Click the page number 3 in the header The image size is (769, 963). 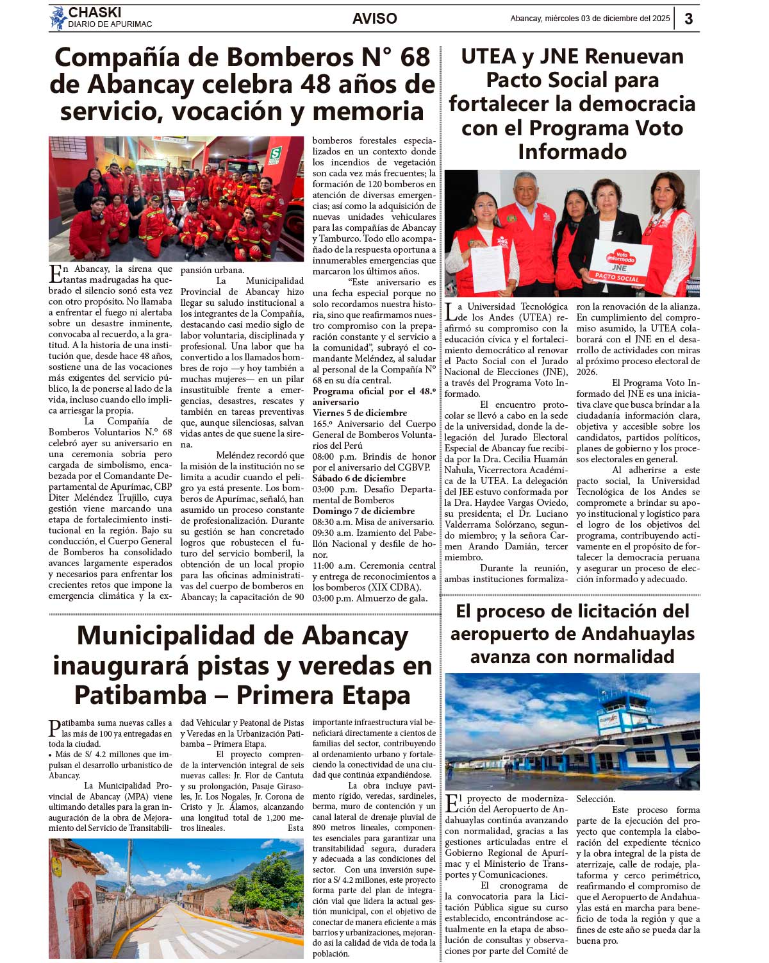tap(688, 19)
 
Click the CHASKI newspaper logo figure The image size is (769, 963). tap(58, 18)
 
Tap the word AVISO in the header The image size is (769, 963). tap(374, 19)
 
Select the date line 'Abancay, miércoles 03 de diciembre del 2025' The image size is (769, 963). tap(590, 19)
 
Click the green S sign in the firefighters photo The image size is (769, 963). tap(276, 155)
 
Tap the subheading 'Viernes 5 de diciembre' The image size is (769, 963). tap(360, 413)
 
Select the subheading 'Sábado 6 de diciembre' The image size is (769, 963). tap(359, 478)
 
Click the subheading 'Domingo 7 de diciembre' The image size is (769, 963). tap(363, 511)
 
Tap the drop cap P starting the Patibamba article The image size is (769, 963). tap(55, 728)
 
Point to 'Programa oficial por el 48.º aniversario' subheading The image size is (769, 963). tap(374, 396)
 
